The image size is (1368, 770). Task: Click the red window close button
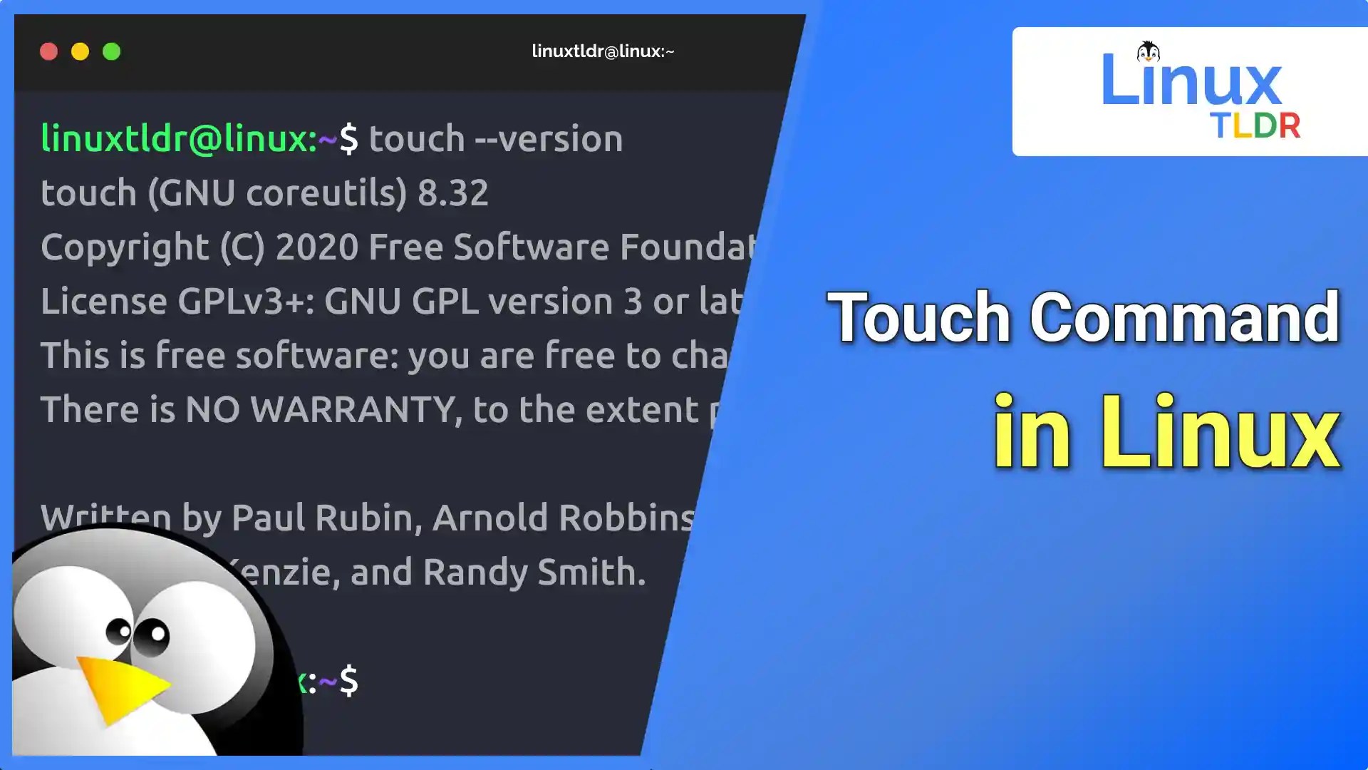point(48,51)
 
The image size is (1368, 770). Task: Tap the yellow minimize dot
point(80,51)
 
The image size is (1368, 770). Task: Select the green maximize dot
point(112,51)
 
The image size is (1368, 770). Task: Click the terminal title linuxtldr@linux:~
point(603,51)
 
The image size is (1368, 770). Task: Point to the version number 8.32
point(453,192)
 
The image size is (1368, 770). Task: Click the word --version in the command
point(549,139)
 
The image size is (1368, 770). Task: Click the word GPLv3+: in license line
point(246,302)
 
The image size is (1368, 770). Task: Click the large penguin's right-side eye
point(152,635)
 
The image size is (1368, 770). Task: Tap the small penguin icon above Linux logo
point(1148,51)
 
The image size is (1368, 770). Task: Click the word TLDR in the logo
point(1255,126)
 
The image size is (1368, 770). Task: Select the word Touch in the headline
point(919,317)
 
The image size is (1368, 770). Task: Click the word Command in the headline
point(1184,317)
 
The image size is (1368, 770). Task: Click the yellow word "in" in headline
point(1032,433)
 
